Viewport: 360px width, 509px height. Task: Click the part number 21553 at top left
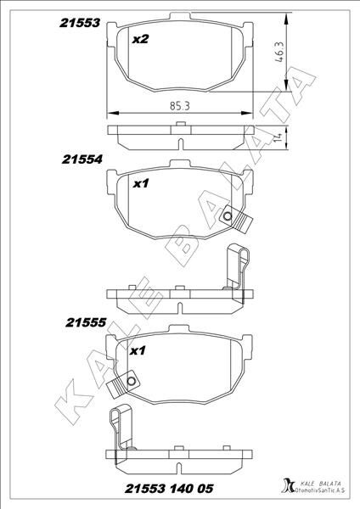pos(81,25)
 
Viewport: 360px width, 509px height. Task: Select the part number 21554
pos(82,159)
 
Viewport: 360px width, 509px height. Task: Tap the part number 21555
pos(85,322)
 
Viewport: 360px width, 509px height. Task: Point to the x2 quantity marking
pos(141,39)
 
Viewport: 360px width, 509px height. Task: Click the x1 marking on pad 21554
pos(142,182)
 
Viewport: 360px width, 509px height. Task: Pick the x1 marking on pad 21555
pos(138,350)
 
